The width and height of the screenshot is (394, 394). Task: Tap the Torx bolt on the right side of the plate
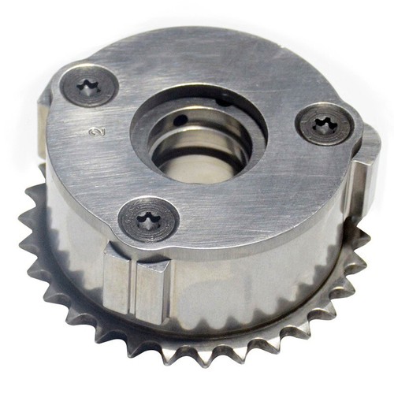tap(323, 124)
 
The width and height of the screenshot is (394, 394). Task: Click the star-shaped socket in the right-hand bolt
tap(323, 124)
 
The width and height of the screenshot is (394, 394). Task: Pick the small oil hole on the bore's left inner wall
tap(181, 121)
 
